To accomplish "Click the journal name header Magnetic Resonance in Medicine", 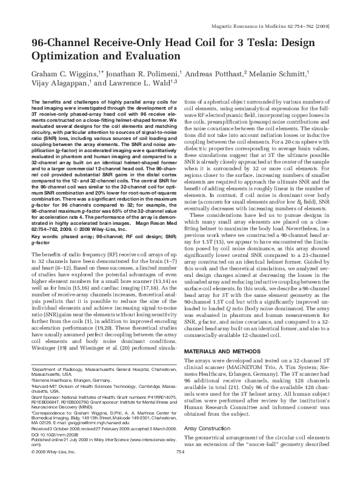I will (279, 27).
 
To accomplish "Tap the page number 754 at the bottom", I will (179, 468).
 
